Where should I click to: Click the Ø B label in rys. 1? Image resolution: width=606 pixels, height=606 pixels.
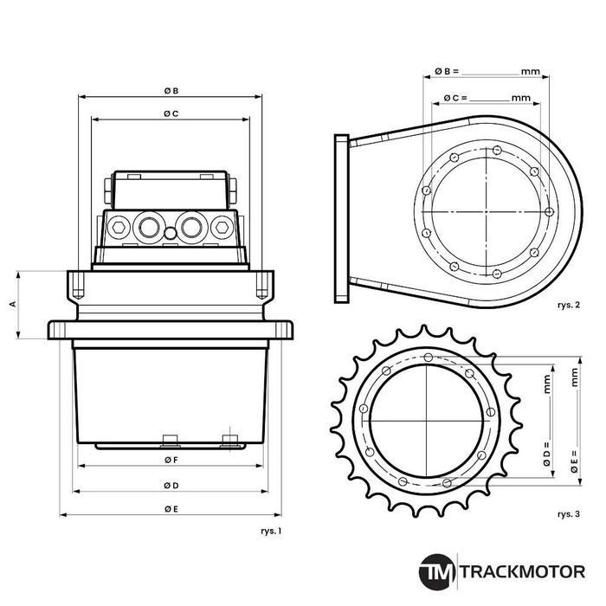point(171,90)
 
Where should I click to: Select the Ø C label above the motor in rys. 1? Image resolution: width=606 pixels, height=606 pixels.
point(171,113)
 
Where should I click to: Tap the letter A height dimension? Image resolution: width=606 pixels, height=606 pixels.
point(12,305)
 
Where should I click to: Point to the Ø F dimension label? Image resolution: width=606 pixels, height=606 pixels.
point(171,460)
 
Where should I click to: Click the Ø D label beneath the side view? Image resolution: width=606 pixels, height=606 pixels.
point(171,485)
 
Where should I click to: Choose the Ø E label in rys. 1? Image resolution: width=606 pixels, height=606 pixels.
point(171,509)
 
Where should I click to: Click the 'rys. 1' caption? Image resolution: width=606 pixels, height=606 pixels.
point(271,530)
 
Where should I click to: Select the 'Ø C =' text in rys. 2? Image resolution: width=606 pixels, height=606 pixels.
point(455,98)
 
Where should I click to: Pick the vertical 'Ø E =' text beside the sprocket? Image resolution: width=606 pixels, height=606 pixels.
point(574,460)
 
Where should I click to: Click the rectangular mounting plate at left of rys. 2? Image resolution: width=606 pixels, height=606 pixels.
point(341,217)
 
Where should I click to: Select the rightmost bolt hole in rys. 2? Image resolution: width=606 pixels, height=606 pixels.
point(550,210)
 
